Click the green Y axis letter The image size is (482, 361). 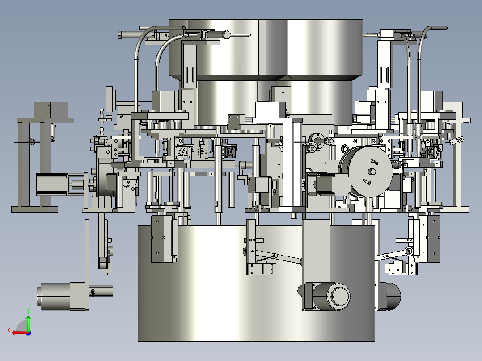[28, 311]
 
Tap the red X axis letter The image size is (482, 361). [9, 330]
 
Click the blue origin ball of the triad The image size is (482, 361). [29, 333]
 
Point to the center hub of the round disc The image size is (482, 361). [372, 172]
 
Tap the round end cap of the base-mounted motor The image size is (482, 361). [339, 296]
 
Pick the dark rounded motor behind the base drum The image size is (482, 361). [389, 296]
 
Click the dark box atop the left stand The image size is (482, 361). [51, 109]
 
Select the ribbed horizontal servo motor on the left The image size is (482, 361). [52, 185]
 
